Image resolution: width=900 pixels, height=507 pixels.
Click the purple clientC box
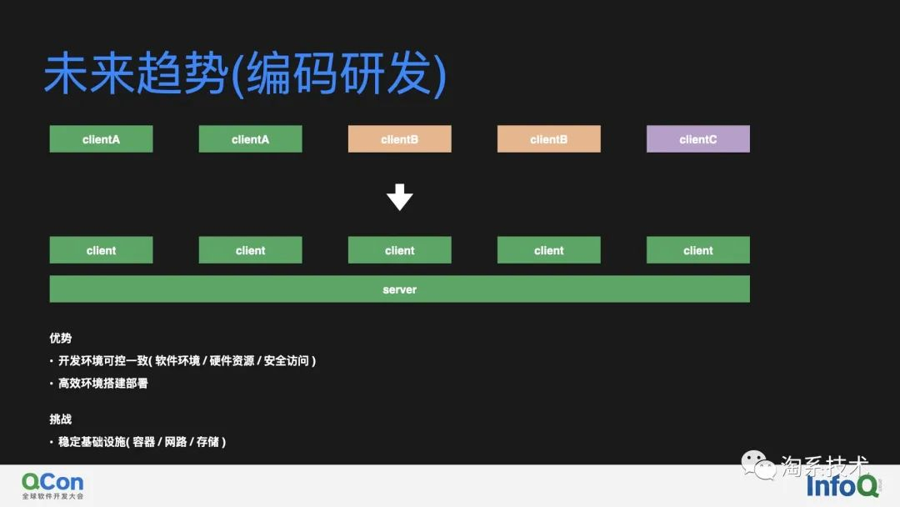(x=697, y=139)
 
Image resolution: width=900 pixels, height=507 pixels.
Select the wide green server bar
(x=399, y=289)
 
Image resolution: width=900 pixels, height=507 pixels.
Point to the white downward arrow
(x=399, y=197)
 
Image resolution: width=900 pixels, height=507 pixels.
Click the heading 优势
(x=61, y=339)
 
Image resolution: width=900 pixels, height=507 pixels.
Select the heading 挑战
(x=61, y=419)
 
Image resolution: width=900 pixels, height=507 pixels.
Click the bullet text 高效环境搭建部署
(x=103, y=384)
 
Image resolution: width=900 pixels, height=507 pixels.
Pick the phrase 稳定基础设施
(x=92, y=442)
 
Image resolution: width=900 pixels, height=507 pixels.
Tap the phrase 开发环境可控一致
(x=103, y=361)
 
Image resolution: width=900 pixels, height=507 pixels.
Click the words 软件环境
(x=177, y=361)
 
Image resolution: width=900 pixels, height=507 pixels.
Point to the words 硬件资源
(x=232, y=361)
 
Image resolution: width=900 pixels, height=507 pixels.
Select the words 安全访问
(x=286, y=361)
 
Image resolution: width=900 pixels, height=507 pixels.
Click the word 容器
(x=143, y=442)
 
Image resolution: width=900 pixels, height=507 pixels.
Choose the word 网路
(x=176, y=442)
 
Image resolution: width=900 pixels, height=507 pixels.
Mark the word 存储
(x=207, y=442)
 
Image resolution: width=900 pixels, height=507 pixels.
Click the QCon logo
(x=52, y=482)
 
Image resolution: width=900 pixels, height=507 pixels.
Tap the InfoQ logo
(x=842, y=486)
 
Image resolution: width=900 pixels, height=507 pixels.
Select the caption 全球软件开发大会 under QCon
(x=53, y=497)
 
